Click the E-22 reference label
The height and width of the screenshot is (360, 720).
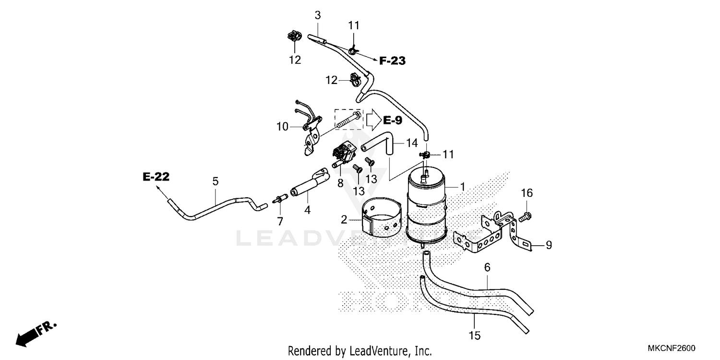(x=156, y=177)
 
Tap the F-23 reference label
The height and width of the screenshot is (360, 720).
(x=392, y=61)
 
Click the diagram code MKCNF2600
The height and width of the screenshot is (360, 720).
(x=671, y=348)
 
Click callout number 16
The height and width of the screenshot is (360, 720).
(x=527, y=193)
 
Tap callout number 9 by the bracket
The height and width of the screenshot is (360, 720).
(x=549, y=245)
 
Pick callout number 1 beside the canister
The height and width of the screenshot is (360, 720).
(x=462, y=186)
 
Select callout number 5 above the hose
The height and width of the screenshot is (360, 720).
(x=216, y=181)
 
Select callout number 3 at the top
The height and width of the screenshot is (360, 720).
(x=317, y=15)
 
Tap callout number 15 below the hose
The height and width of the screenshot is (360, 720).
(x=474, y=336)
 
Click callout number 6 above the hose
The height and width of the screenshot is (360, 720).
(x=487, y=267)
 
